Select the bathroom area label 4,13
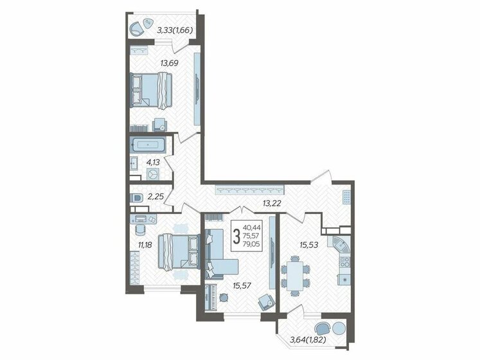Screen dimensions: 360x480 (x=153, y=163)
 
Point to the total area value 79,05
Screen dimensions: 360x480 (x=253, y=244)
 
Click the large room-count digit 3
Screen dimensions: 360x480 (x=237, y=236)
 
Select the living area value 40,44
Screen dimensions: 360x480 (x=253, y=227)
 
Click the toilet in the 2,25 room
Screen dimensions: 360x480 (x=135, y=197)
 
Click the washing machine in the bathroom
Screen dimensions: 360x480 (x=154, y=173)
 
